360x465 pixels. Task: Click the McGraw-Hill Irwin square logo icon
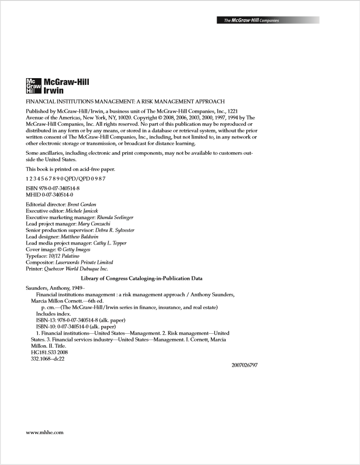[x=33, y=86]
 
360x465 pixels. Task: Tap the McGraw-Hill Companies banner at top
[x=268, y=20]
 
